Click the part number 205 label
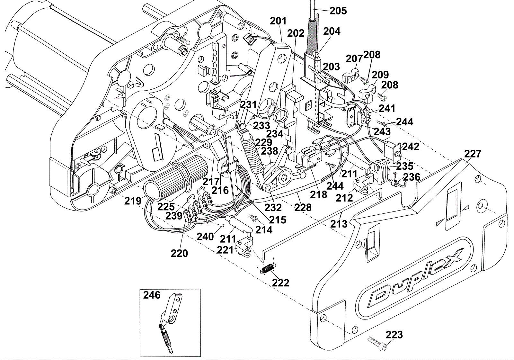click(338, 11)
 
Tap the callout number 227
click(473, 154)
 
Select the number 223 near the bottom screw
click(394, 335)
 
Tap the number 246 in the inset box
click(152, 295)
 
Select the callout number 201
click(278, 21)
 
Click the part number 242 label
click(411, 147)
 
